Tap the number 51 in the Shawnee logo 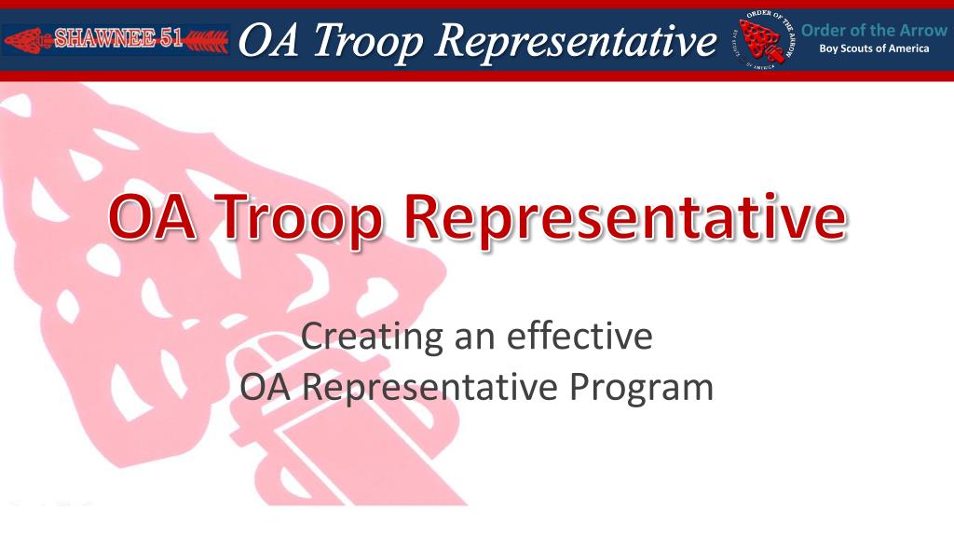point(167,39)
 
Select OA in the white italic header point(265,40)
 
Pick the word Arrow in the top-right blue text point(921,30)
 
